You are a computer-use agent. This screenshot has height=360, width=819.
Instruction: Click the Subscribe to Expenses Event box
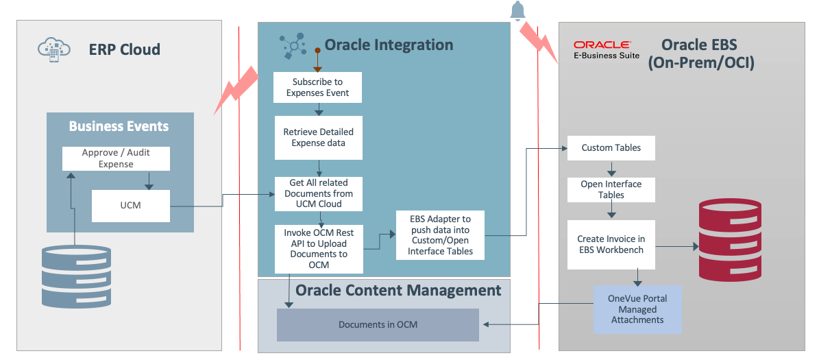coord(317,88)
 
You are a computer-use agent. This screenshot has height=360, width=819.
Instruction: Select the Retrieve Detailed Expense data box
coord(318,137)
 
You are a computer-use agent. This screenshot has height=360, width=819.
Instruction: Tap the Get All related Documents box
coord(318,193)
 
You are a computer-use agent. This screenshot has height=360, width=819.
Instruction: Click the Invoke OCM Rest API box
coord(318,249)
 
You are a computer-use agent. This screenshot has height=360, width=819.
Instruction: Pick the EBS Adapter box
coord(440,235)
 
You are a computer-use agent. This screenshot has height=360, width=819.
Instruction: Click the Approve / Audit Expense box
coord(116,158)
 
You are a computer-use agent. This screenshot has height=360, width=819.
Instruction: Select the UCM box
coord(130,205)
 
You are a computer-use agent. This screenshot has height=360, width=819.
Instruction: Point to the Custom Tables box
coord(611,148)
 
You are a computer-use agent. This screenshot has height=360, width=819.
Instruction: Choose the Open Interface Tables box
coord(611,189)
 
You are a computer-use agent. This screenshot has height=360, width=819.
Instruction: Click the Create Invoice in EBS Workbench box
coord(611,245)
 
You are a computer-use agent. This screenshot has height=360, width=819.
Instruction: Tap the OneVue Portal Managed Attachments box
coord(637,309)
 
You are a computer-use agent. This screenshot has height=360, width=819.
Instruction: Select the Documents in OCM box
coord(378,324)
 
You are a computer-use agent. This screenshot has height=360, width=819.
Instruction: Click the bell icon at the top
coord(517,11)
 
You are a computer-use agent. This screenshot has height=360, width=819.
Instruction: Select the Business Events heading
coord(119,126)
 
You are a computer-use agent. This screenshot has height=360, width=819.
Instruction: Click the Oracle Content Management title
coord(398,290)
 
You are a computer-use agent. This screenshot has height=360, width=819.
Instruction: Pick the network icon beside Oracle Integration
coord(294,45)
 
